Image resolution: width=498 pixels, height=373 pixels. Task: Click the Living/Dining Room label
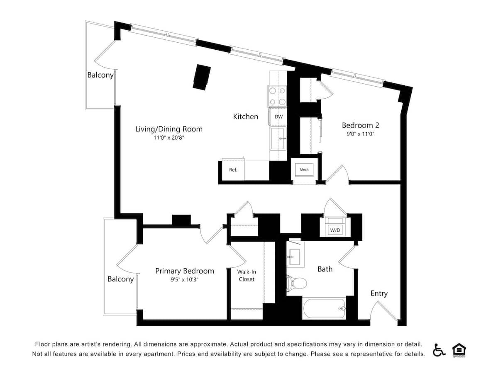[169, 129]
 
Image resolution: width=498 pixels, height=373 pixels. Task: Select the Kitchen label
[245, 117]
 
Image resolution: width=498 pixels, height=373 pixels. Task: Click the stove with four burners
[277, 96]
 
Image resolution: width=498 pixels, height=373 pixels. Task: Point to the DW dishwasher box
[278, 117]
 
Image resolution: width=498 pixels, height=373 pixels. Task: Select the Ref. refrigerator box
[233, 170]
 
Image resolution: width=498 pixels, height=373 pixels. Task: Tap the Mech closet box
[304, 170]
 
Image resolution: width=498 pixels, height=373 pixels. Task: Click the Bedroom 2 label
[360, 125]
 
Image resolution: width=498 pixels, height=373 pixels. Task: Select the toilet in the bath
[297, 283]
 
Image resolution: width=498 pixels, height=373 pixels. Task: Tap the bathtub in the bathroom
[324, 309]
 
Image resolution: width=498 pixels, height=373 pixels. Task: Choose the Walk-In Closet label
[246, 276]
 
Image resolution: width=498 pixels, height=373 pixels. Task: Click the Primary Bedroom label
[185, 271]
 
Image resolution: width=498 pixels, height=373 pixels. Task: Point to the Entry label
[379, 293]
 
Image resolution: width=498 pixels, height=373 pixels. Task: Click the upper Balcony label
[100, 75]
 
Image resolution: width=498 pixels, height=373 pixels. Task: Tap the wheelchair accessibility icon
[439, 350]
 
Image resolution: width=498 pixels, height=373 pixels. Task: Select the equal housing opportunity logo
[459, 350]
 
